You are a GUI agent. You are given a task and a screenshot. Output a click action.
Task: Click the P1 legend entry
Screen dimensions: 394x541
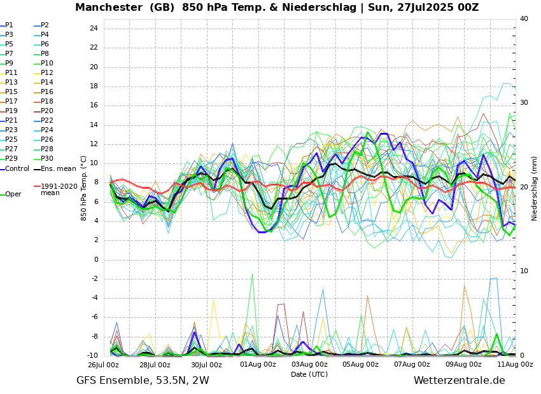(x=9, y=25)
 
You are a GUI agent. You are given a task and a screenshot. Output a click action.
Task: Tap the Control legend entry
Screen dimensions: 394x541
(x=17, y=169)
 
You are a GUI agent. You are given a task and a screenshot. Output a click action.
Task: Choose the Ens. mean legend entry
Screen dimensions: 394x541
(x=58, y=169)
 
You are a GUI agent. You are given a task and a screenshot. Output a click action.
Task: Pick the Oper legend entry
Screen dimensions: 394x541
(x=13, y=194)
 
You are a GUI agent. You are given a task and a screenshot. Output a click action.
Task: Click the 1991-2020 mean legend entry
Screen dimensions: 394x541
(x=59, y=189)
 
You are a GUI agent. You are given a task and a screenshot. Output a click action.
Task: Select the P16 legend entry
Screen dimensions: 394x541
(x=47, y=92)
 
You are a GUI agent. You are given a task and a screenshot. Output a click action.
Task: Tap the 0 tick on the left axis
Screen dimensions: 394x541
(x=95, y=259)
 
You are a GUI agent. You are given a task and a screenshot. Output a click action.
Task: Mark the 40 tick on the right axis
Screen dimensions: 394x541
(x=524, y=19)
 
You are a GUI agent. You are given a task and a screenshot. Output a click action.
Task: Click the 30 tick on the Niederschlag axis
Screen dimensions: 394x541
(x=524, y=103)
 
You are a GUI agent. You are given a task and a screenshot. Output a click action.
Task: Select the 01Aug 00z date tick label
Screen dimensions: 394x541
(x=258, y=365)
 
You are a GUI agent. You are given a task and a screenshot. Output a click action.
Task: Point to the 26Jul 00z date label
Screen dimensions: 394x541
(x=103, y=365)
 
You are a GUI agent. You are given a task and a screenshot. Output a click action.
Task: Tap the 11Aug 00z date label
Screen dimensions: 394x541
(x=515, y=365)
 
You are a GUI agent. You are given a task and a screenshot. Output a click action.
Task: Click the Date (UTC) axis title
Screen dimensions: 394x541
(x=309, y=375)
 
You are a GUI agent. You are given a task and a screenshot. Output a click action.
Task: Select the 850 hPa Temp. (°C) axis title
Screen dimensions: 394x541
(x=84, y=188)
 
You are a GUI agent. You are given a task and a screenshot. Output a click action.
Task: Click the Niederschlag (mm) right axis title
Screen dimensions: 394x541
(x=535, y=188)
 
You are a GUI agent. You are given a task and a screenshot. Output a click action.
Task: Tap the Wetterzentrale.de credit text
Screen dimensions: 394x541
(x=459, y=381)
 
